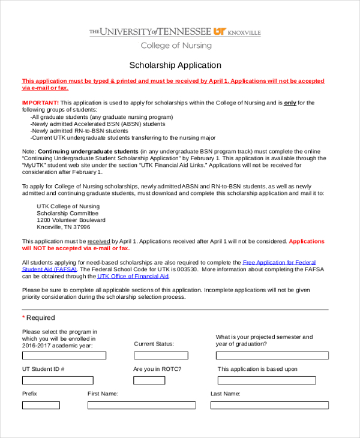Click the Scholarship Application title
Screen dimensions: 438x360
coord(175,65)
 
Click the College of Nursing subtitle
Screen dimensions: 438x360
coord(176,46)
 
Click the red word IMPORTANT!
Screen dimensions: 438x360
coord(40,103)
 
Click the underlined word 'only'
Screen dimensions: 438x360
coord(290,103)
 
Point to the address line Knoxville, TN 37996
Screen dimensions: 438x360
coord(64,227)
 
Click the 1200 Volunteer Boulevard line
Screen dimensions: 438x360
coord(71,220)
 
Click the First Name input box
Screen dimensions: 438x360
coord(141,406)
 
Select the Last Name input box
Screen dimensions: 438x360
coord(269,406)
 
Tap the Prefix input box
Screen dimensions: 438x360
coord(41,406)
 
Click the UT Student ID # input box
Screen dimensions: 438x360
coord(58,380)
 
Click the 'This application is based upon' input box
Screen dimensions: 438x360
coord(266,380)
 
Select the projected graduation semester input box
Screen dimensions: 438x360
coord(272,355)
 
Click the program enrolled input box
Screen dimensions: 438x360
coord(64,355)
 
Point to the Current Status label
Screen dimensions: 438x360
coord(154,344)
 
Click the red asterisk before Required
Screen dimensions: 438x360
coord(24,318)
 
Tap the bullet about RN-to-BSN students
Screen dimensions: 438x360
coord(79,130)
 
